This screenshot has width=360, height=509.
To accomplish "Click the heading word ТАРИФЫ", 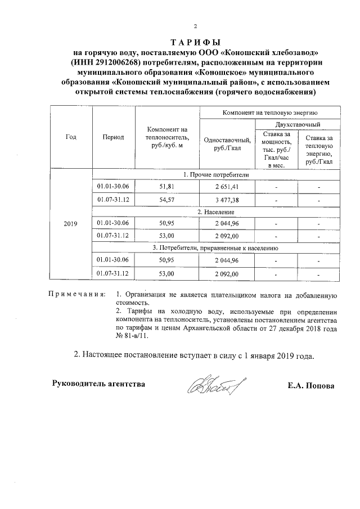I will tap(195, 43).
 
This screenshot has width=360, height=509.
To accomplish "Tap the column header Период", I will tap(113, 137).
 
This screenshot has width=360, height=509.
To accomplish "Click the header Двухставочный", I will tap(298, 124).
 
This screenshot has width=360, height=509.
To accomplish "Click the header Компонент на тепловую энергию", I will tap(270, 112).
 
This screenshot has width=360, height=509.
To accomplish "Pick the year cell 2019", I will tap(71, 223).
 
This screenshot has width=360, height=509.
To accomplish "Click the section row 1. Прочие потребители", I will tap(215, 175).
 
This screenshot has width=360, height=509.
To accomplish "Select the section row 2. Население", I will tap(215, 212).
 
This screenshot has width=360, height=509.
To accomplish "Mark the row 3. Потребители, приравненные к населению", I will tap(215, 248).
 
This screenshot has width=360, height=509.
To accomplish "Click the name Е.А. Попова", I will tap(310, 386).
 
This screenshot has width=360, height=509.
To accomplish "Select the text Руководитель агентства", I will tap(98, 384).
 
